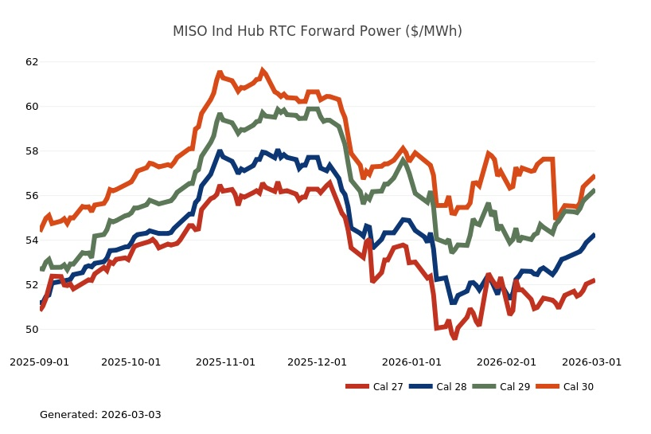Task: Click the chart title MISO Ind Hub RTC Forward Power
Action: tap(318, 32)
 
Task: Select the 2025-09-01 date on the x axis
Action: tap(40, 362)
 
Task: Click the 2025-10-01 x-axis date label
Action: tap(131, 362)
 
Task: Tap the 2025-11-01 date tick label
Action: tap(226, 362)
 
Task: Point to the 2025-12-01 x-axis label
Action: tap(318, 362)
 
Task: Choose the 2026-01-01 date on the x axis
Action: tap(412, 362)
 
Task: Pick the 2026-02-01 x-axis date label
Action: tap(507, 362)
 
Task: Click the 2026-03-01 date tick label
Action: tap(592, 362)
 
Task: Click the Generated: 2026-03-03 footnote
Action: tap(100, 415)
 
